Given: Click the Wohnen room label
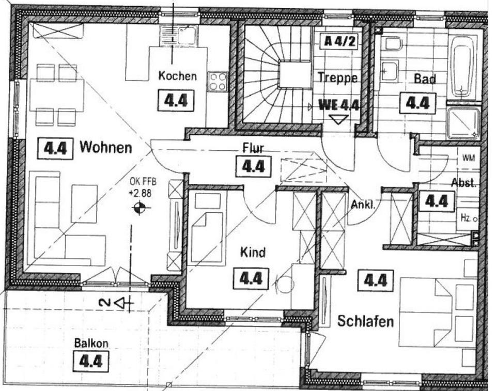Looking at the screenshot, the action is pyautogui.click(x=105, y=148).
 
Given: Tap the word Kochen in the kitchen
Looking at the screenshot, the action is pyautogui.click(x=177, y=76).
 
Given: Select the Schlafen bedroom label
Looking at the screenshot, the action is pyautogui.click(x=365, y=321).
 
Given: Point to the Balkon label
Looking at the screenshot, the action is pyautogui.click(x=91, y=343).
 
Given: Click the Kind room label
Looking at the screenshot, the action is pyautogui.click(x=253, y=253).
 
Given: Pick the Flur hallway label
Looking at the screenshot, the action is pyautogui.click(x=253, y=149).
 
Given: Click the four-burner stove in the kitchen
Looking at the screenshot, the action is pyautogui.click(x=218, y=82).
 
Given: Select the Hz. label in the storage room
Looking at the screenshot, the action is pyautogui.click(x=466, y=218).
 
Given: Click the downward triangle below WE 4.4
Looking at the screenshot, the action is pyautogui.click(x=338, y=120).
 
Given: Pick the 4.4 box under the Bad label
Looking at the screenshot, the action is pyautogui.click(x=417, y=103).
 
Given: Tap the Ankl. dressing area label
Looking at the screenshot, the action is pyautogui.click(x=362, y=205).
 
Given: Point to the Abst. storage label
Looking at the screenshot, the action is pyautogui.click(x=463, y=183).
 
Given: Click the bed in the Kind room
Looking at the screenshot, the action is pyautogui.click(x=207, y=227).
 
